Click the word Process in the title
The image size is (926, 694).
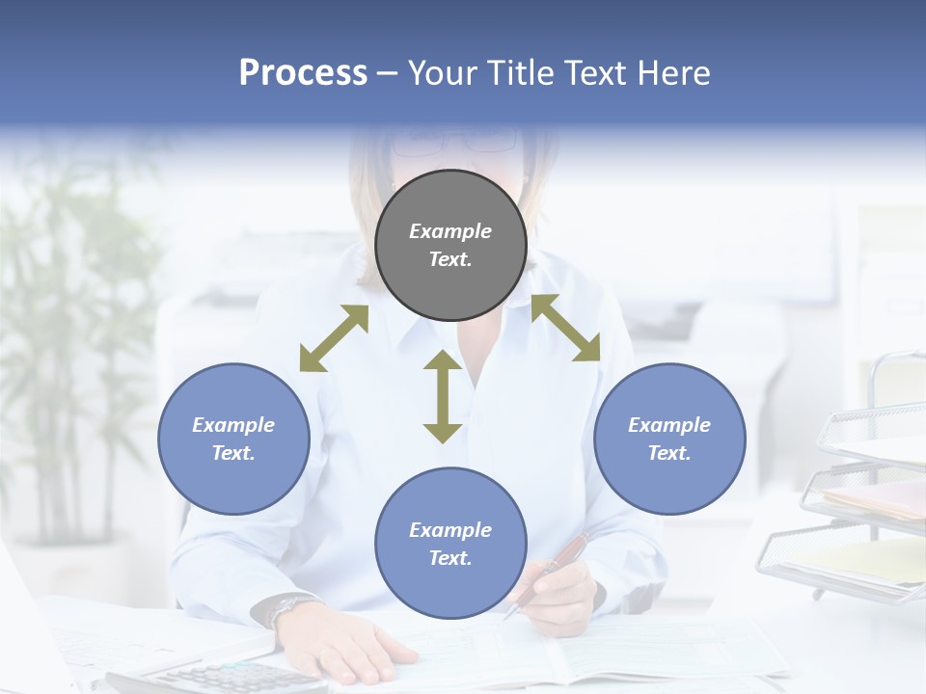pyautogui.click(x=303, y=73)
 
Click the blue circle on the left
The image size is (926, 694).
pyautogui.click(x=233, y=439)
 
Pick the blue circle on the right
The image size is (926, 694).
pyautogui.click(x=669, y=439)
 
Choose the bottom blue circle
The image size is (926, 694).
pyautogui.click(x=450, y=544)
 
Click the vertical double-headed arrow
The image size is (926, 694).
pyautogui.click(x=443, y=396)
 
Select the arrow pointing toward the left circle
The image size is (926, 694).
pyautogui.click(x=334, y=338)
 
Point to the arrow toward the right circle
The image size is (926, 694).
pyautogui.click(x=566, y=328)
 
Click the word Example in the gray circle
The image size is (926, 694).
pyautogui.click(x=450, y=231)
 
